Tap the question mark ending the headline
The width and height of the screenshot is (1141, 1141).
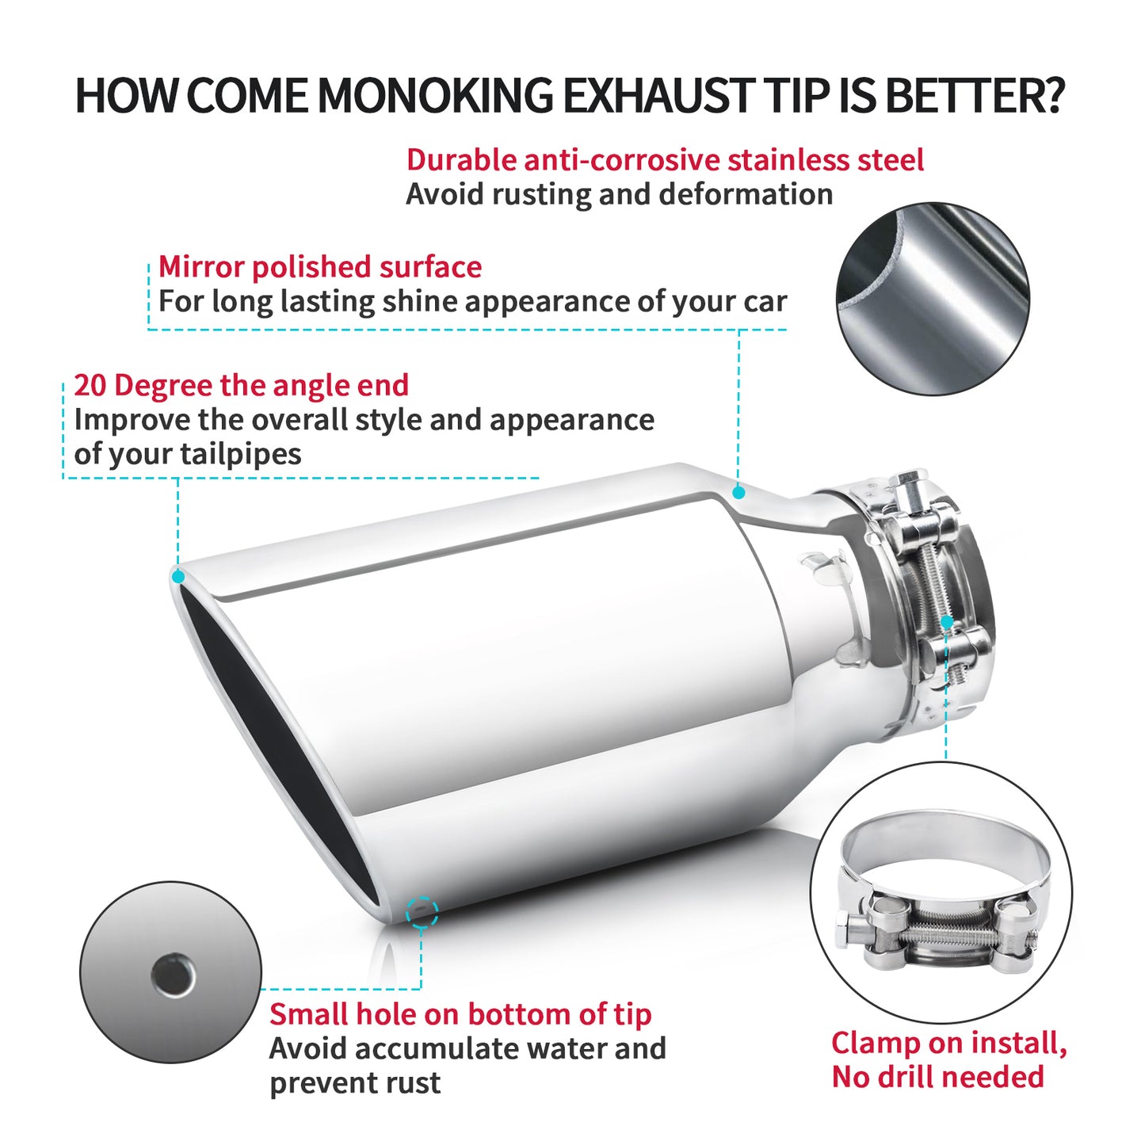point(1051,95)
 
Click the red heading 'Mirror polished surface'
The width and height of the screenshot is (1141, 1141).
point(320,267)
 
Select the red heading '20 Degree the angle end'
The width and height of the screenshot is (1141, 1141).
point(241,385)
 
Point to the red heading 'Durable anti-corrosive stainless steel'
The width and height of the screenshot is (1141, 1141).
point(665,160)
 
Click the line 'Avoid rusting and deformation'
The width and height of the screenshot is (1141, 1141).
point(620,194)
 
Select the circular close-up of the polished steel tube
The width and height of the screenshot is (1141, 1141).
point(933,299)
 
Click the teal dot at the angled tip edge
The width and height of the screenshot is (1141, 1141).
point(177,576)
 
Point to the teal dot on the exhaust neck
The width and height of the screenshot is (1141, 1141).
point(738,492)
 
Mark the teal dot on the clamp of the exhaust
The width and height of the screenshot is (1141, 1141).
point(947,622)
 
